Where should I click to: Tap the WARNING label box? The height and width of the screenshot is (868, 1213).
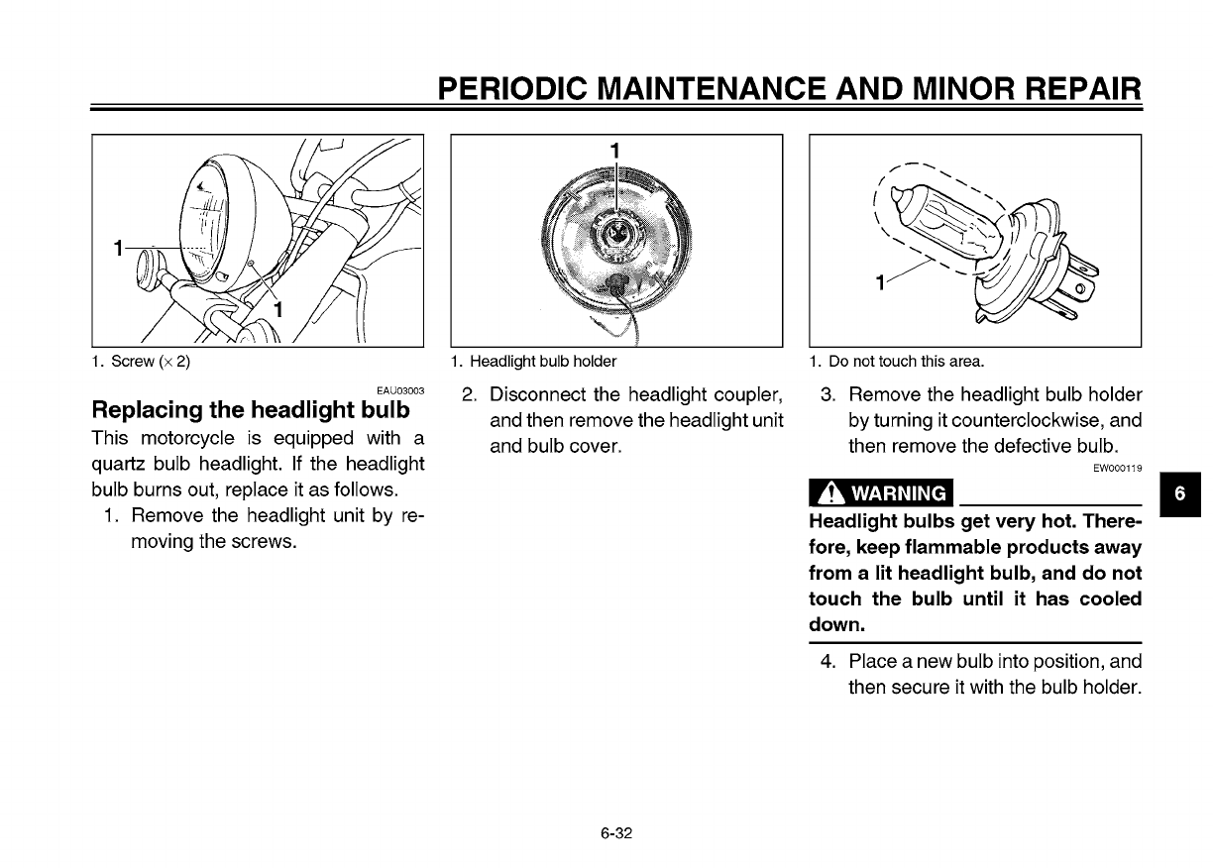(x=879, y=492)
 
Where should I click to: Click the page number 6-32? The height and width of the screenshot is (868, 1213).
(x=615, y=832)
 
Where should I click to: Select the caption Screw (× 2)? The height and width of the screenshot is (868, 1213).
(x=142, y=361)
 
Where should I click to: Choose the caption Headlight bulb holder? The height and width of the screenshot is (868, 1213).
(x=534, y=361)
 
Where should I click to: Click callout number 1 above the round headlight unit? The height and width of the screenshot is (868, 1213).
(x=615, y=150)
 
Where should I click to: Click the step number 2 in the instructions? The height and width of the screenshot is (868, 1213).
(x=471, y=394)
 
